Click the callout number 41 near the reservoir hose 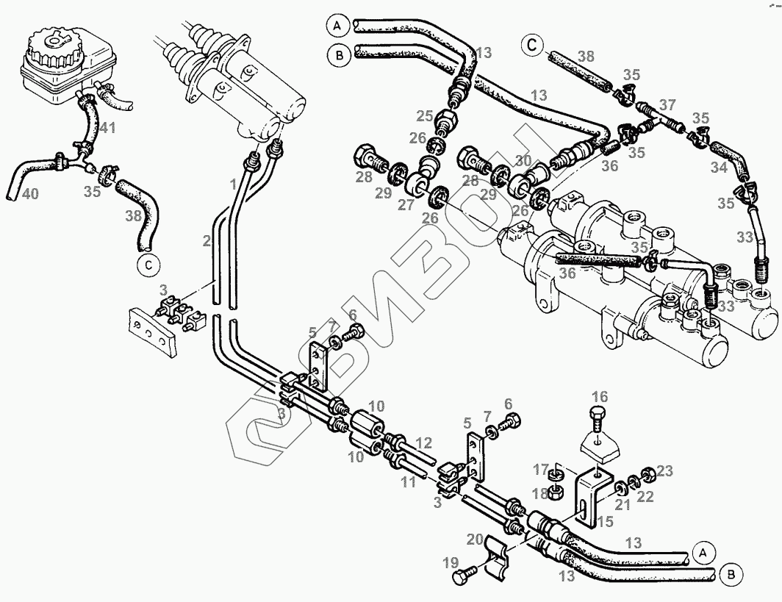(107, 128)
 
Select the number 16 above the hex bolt (600, 397)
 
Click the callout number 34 (719, 168)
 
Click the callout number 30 (523, 161)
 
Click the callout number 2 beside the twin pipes (207, 240)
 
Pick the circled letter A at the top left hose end (337, 26)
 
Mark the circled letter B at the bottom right (731, 573)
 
